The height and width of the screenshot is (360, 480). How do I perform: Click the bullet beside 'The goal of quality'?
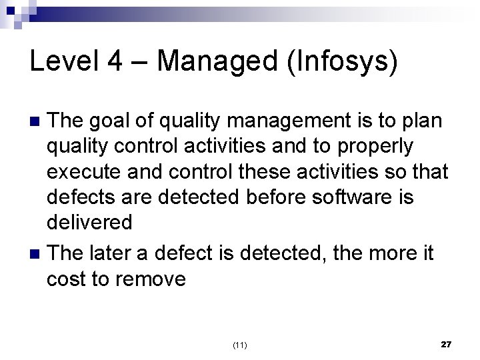tap(37, 121)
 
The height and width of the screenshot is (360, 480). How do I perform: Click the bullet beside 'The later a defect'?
tap(37, 254)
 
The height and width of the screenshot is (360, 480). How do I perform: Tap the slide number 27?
tap(446, 344)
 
